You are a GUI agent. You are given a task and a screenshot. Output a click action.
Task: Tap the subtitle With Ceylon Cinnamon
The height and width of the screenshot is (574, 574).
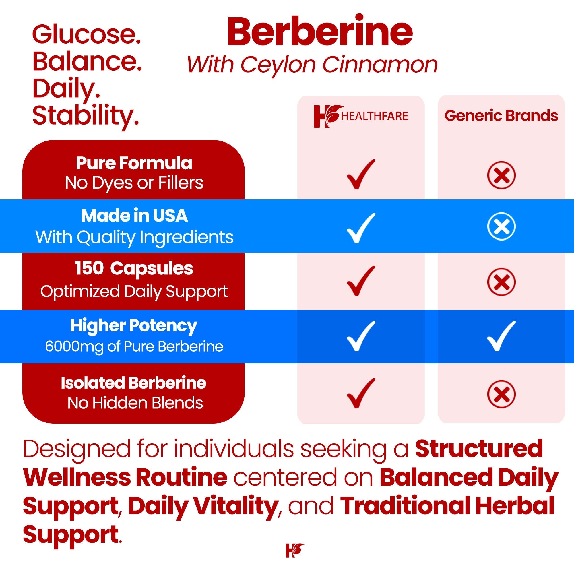312,65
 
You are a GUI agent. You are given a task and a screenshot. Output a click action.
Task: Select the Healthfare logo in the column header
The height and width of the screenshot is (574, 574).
361,116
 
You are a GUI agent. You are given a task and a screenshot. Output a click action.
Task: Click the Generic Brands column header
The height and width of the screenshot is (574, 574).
501,116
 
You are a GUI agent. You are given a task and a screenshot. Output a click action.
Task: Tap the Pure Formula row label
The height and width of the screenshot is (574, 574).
134,163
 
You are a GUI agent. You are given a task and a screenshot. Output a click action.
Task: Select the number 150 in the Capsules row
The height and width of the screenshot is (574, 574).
89,268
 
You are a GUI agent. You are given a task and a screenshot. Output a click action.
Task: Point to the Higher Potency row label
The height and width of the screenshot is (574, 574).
134,326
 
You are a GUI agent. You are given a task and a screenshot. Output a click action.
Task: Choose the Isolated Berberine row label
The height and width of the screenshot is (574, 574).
133,383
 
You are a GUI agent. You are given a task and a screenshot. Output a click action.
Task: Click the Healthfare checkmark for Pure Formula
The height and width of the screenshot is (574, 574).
361,174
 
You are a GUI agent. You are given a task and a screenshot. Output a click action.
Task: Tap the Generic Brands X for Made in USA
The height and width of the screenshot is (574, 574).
501,226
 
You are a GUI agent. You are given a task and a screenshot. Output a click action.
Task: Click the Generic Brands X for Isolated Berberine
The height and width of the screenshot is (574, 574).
501,394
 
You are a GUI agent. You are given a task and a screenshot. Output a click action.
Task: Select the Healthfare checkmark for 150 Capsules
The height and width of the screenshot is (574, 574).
361,281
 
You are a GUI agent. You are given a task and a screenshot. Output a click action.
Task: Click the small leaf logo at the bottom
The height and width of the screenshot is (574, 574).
294,550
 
